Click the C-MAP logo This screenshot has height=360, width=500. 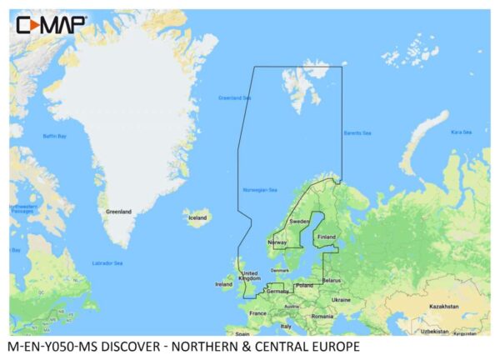click(x=51, y=24)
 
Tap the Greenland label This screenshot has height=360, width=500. click(x=117, y=212)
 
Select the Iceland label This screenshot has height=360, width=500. click(x=197, y=218)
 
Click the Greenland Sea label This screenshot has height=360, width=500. click(x=234, y=97)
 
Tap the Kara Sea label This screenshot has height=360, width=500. click(x=461, y=132)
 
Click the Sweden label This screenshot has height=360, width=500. click(x=299, y=222)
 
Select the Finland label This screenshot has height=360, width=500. click(x=326, y=236)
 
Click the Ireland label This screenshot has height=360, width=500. click(x=224, y=284)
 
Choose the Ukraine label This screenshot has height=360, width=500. click(x=341, y=299)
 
